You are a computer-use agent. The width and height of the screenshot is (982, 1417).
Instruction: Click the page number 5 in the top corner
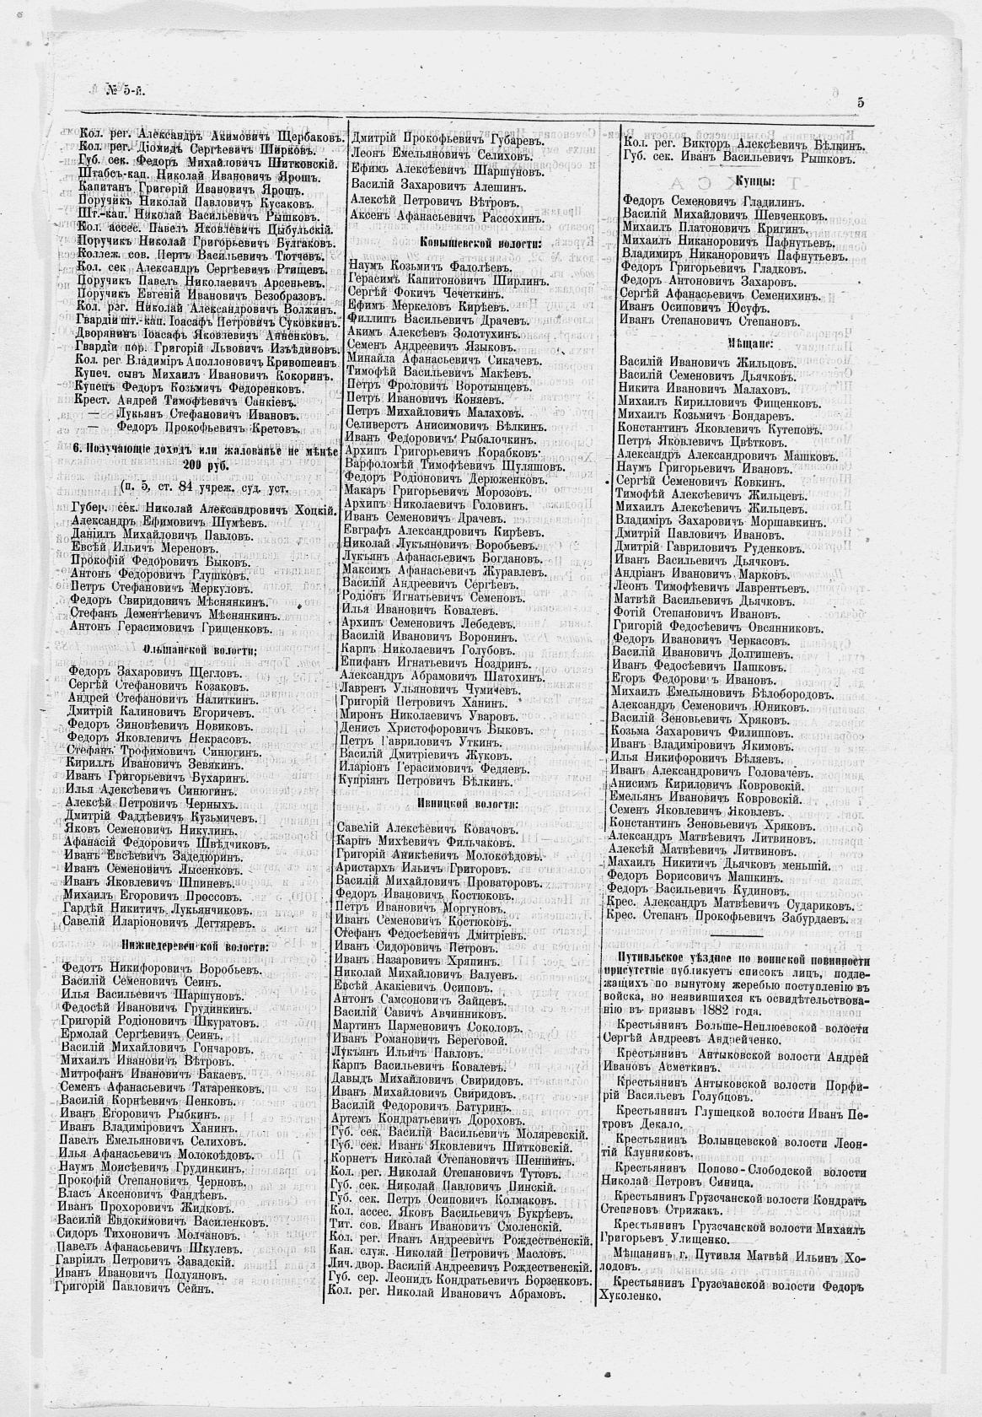coord(861,101)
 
